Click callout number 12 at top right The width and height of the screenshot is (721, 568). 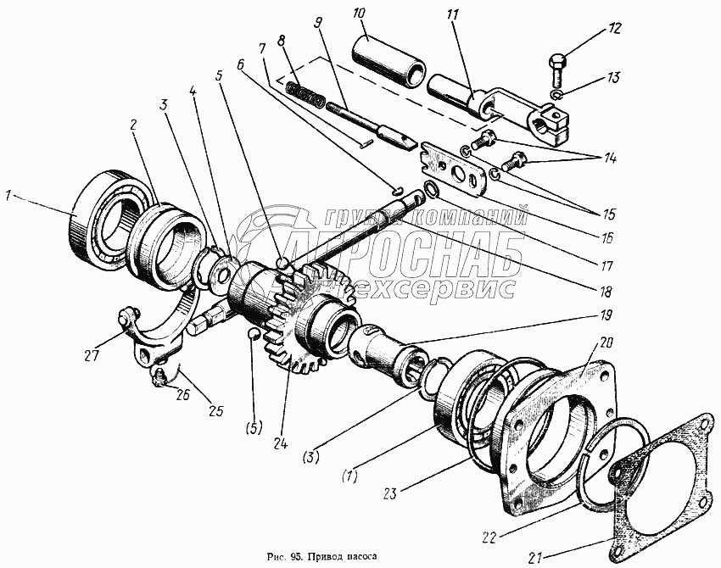615,28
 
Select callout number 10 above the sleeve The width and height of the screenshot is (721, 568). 359,15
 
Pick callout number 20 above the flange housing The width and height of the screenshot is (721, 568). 604,343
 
